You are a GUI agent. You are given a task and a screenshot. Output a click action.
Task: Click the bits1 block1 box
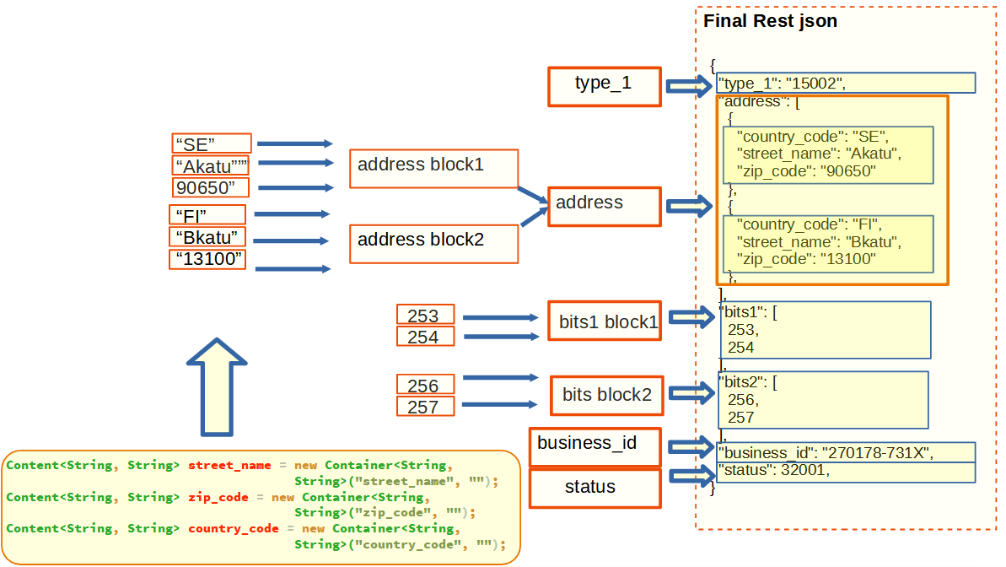pos(604,321)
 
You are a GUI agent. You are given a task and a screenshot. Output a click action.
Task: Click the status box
pos(594,489)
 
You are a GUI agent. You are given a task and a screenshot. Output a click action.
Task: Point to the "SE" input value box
pos(212,143)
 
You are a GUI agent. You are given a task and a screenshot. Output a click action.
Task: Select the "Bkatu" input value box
pos(207,237)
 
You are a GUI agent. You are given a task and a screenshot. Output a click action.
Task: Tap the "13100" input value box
pos(207,259)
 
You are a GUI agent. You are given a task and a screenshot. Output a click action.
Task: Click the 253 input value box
pos(425,315)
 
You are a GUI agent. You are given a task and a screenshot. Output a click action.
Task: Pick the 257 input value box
pos(425,407)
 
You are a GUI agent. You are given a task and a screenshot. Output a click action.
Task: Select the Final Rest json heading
pos(770,21)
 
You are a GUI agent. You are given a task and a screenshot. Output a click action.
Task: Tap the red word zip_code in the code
pos(218,497)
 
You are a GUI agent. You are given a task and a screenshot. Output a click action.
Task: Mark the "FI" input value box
pos(207,214)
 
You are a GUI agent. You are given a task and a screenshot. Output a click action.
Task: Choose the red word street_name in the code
pos(229,465)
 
